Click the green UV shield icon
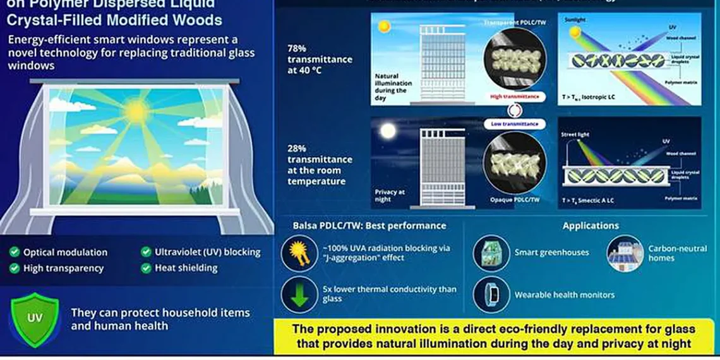35,318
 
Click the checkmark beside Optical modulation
14,252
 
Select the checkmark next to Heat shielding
146,268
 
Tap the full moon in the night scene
388,130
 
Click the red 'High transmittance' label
515,97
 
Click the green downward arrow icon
299,294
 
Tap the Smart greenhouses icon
491,253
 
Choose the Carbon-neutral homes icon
625,253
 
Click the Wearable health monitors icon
491,294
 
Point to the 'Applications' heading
591,225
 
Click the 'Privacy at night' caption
390,196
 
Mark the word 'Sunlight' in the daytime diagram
575,20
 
